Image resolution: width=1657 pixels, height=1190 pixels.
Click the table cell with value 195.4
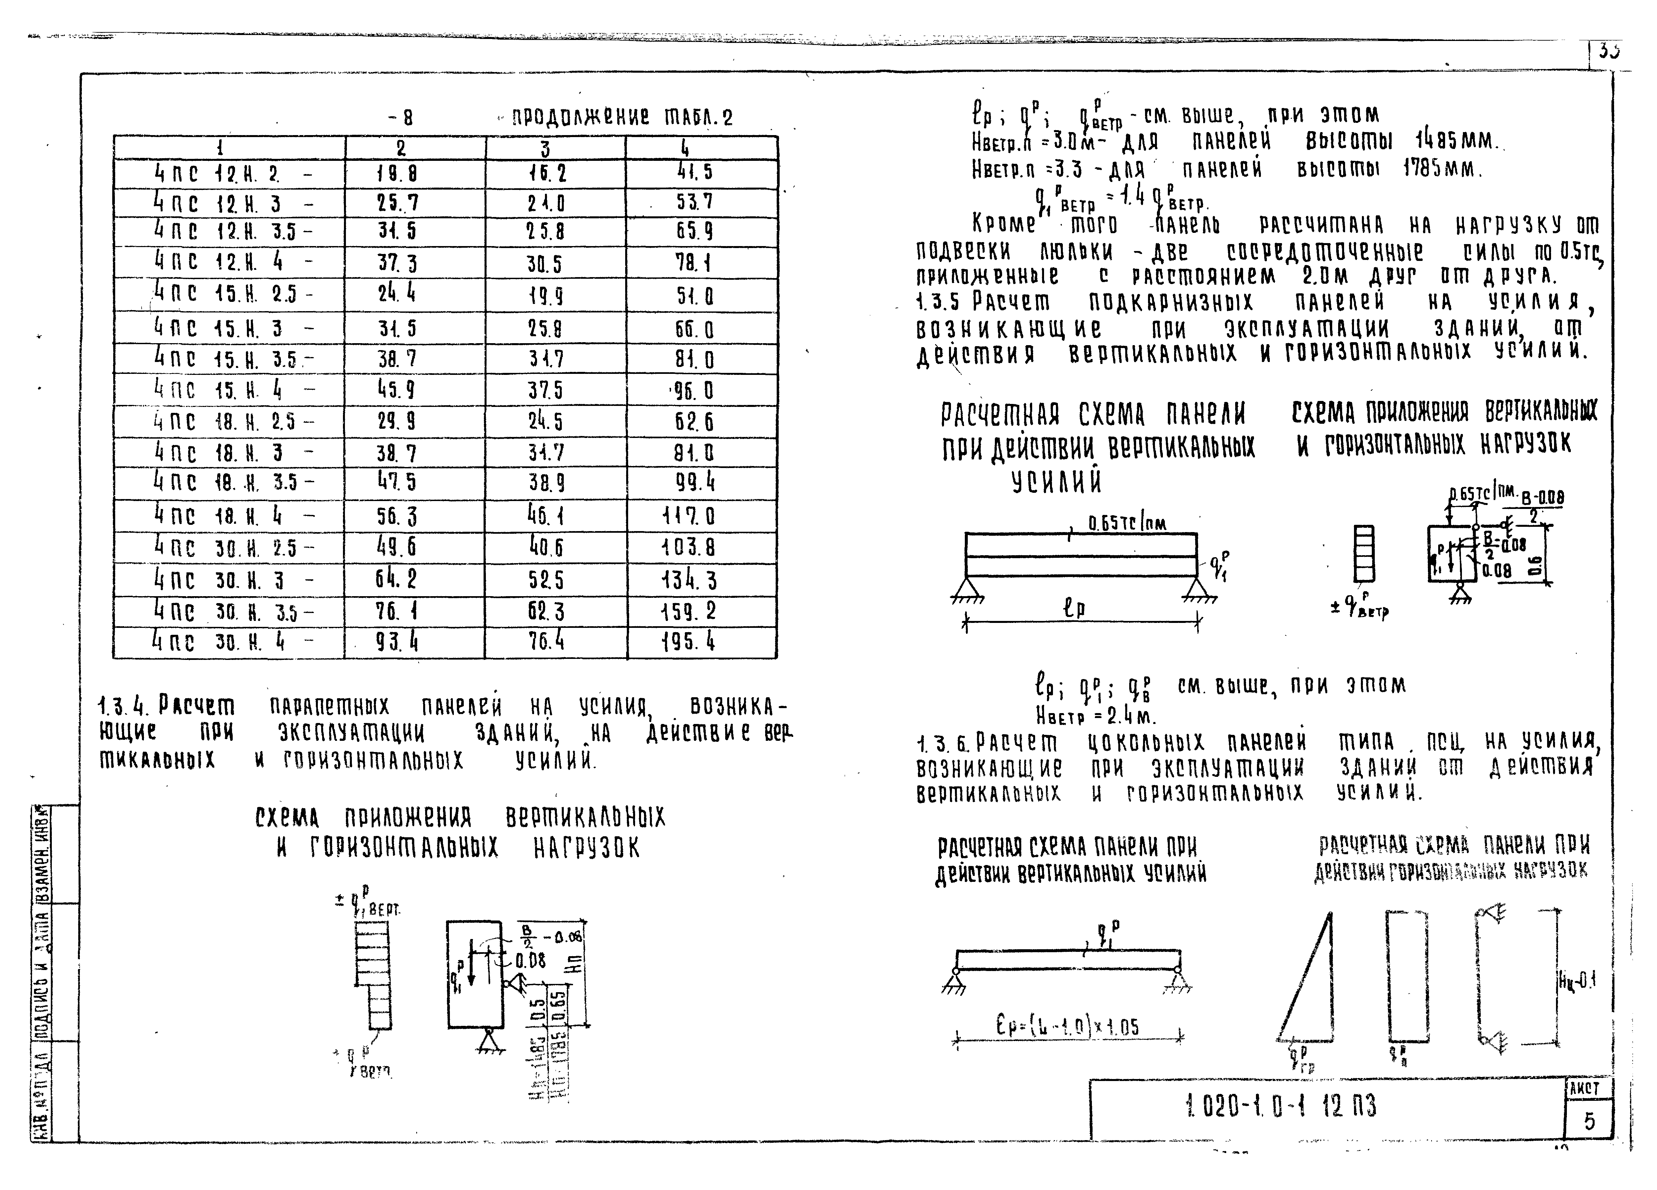[x=688, y=642]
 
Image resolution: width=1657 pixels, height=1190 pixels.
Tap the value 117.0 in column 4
[x=688, y=517]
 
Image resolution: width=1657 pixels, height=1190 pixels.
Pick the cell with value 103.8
[x=688, y=548]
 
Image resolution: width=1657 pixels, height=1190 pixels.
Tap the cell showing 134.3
[x=688, y=580]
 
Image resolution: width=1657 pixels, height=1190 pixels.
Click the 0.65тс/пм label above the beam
[x=1127, y=523]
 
